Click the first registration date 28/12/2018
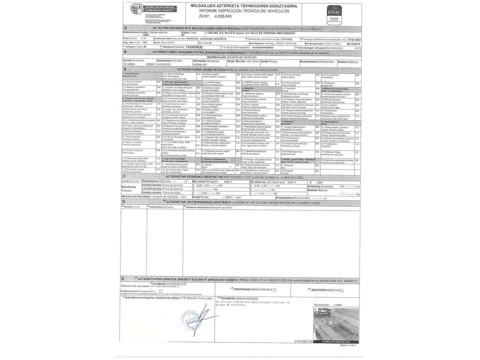[353, 44]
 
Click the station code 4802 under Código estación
[146, 35]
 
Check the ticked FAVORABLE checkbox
[185, 283]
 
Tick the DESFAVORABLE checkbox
[274, 290]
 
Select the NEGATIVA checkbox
[342, 290]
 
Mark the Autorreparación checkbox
[160, 291]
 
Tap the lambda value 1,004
[319, 182]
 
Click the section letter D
[124, 202]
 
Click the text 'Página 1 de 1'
[348, 345]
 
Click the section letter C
[124, 176]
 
